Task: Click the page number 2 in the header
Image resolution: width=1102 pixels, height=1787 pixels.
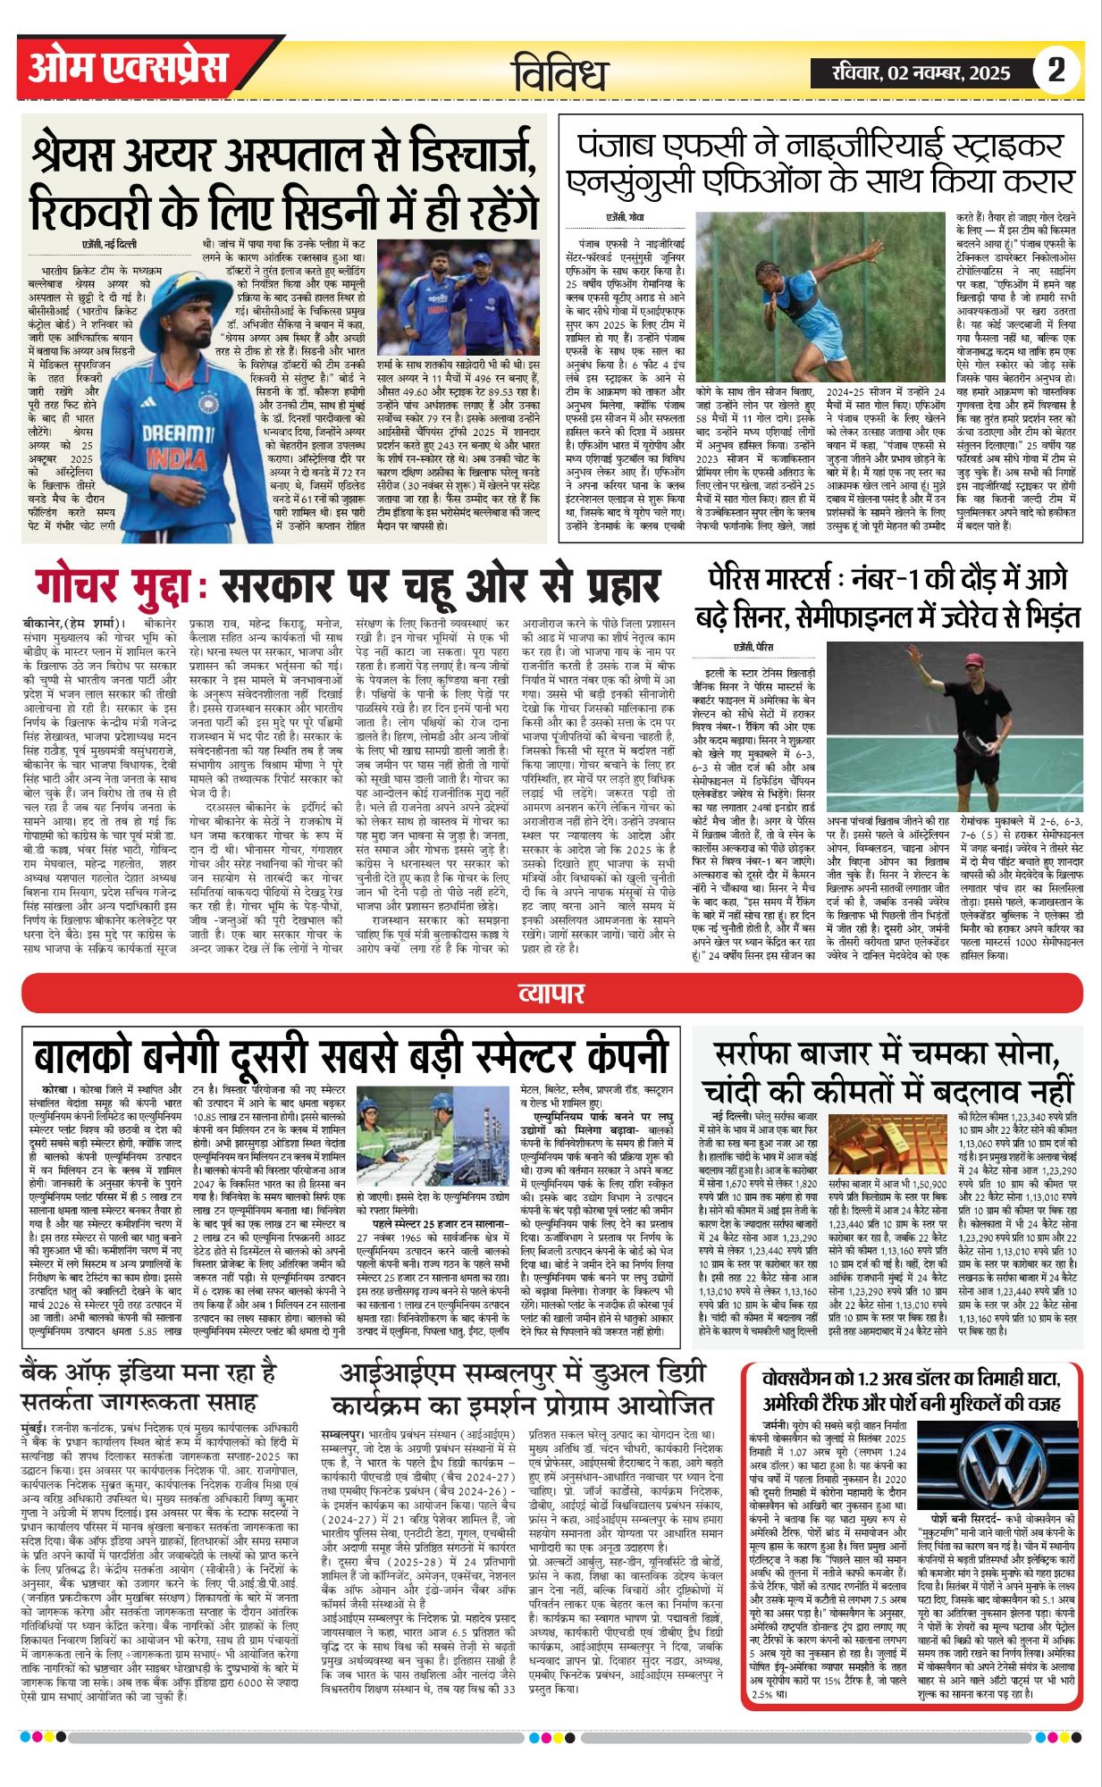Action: [1056, 70]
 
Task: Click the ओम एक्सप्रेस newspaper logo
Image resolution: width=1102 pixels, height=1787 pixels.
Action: [128, 68]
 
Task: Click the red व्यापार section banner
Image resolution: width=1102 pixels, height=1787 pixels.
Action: [551, 994]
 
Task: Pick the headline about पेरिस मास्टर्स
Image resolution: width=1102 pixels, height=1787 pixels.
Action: [887, 598]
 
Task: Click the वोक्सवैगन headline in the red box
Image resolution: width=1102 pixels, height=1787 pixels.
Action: [911, 1388]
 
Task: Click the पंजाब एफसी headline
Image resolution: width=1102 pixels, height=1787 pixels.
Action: [820, 164]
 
